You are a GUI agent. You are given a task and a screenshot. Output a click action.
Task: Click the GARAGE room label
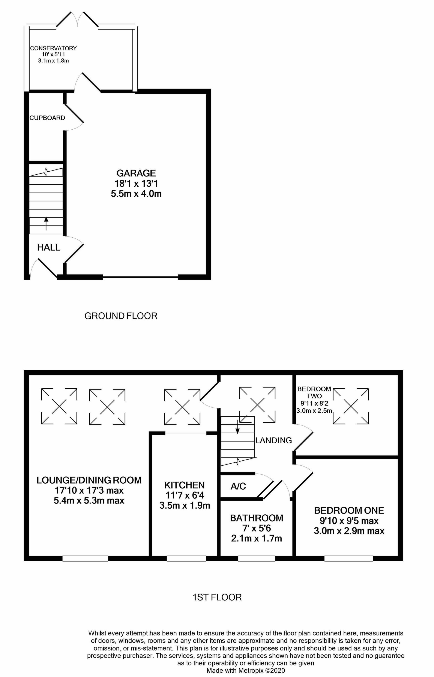point(136,173)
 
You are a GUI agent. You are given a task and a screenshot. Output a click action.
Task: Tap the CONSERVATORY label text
point(53,48)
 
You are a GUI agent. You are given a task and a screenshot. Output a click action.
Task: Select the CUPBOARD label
point(47,118)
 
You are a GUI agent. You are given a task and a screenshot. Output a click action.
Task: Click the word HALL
point(49,247)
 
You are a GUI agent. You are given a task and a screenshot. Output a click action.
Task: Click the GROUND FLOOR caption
point(121,316)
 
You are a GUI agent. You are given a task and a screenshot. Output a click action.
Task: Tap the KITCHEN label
point(184,485)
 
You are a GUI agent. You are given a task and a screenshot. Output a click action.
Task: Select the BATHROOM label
point(257,518)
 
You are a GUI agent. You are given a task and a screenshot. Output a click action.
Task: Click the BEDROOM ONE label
point(349,511)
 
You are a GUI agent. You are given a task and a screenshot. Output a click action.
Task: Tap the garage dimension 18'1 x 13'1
point(136,183)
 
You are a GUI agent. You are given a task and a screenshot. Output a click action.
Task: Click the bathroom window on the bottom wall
point(257,558)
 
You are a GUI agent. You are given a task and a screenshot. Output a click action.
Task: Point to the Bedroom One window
point(349,558)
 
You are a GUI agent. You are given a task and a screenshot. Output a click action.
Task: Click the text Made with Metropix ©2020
point(246,670)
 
